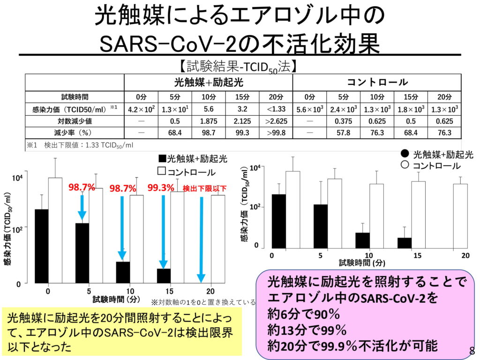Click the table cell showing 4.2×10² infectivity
coord(138,109)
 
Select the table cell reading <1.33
coord(276,109)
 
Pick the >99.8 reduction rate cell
coord(276,133)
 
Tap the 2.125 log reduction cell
coord(242,121)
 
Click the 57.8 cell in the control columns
coord(344,133)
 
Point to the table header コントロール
coord(377,82)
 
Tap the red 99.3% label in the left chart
coord(161,187)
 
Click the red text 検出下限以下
coord(204,188)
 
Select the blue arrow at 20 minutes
coord(201,239)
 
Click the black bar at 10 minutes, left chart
coord(123,272)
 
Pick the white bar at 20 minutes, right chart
coord(460,216)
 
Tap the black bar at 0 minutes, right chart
coord(278,221)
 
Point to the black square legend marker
coord(162,159)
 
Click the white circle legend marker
coord(405,165)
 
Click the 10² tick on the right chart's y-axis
coord(255,207)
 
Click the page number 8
coord(472,351)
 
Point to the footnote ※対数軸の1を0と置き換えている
coord(203,302)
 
